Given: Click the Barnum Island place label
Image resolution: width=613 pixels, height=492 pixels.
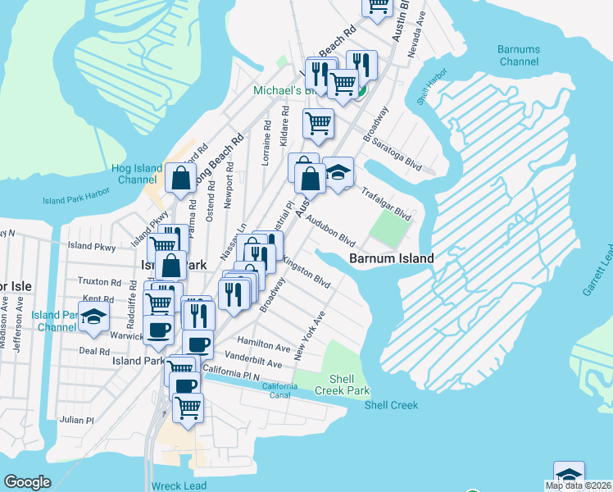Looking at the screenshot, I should click(391, 257).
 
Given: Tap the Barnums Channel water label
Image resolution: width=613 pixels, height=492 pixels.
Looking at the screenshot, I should click(518, 55).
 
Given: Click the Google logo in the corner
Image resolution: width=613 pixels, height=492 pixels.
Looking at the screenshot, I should click(27, 482).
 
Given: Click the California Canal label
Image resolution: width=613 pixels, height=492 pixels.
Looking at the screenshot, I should click(279, 390).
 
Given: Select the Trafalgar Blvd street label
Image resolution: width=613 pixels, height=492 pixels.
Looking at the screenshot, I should click(386, 203).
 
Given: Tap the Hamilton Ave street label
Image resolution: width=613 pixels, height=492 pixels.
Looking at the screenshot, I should click(263, 346).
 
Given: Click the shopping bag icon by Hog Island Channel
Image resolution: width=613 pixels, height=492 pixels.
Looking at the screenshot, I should click(180, 176).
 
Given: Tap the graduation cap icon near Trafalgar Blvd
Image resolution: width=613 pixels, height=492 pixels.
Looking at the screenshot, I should click(338, 172).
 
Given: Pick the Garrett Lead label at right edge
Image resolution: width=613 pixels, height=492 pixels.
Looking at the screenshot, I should click(606, 270).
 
